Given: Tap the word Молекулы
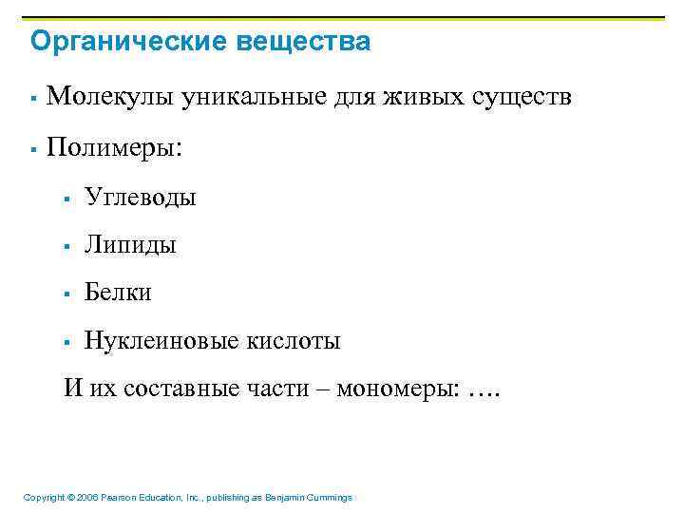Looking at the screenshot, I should pos(104,97).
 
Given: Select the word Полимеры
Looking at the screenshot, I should pos(114,148).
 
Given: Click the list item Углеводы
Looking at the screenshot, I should pos(140,198).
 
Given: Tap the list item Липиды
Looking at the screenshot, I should pos(130,245).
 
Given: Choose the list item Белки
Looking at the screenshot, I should pos(118,293).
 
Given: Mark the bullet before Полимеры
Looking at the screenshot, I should pos(33,150).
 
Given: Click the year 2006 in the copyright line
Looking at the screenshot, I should pos(86,498).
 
